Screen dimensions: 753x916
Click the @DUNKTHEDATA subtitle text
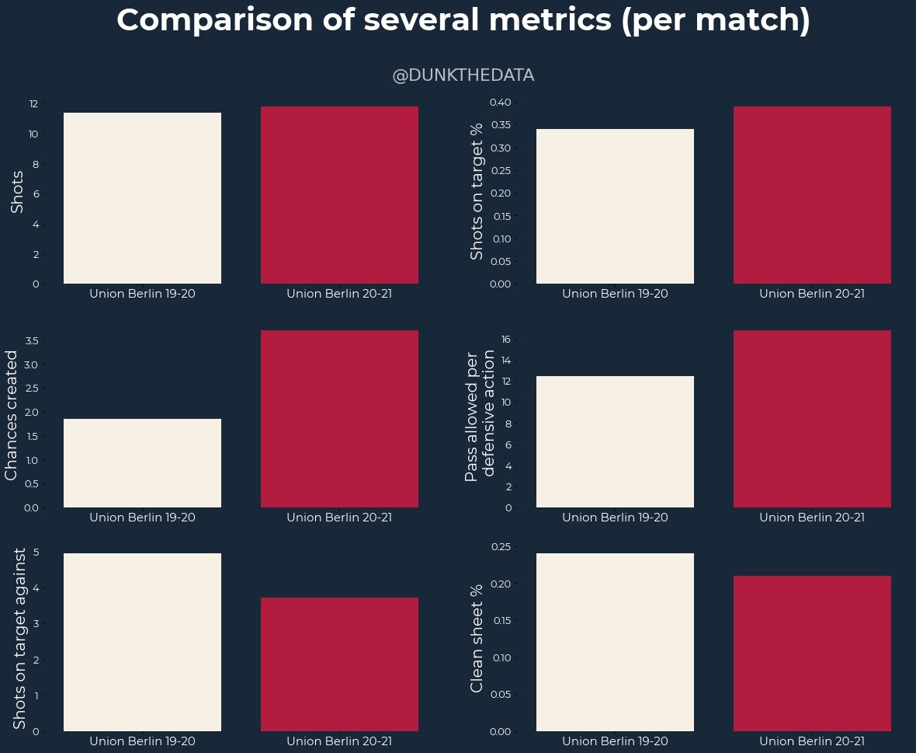pos(463,75)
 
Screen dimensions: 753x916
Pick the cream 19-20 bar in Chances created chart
pos(142,463)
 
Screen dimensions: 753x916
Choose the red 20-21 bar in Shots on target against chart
pos(339,664)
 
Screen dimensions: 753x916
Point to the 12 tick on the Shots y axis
pos(33,104)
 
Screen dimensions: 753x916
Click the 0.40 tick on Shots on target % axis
pos(500,102)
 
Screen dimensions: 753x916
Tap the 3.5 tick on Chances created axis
pos(32,340)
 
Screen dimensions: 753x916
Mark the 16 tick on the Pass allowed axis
pos(505,339)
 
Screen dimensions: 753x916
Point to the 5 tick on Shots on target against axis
pos(36,551)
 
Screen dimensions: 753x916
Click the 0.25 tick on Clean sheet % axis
pos(500,546)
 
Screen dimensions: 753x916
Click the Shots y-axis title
pos(17,191)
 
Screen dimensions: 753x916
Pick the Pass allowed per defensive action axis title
pos(481,415)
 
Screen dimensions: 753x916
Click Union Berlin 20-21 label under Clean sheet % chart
pos(812,741)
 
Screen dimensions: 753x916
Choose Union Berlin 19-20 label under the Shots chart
pos(142,294)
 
